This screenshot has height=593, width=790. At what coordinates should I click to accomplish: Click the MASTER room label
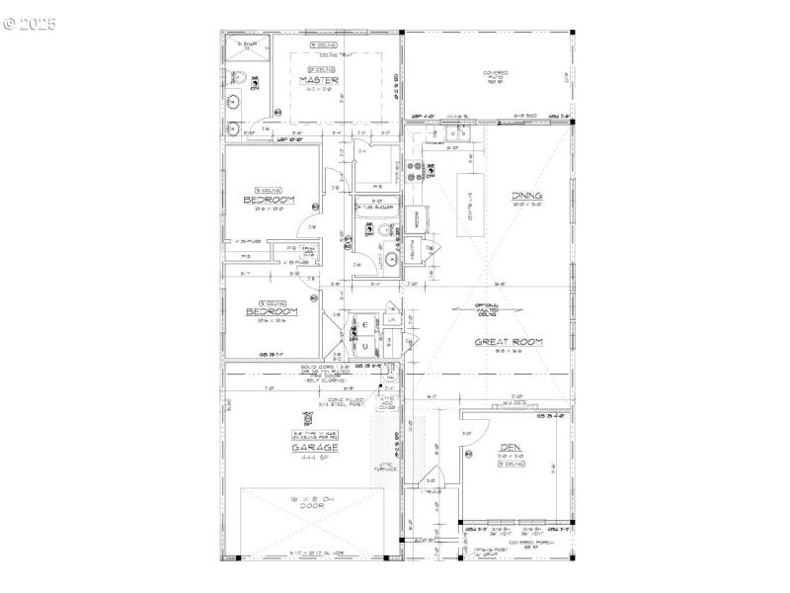point(320,80)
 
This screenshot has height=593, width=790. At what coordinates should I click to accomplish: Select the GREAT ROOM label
point(510,342)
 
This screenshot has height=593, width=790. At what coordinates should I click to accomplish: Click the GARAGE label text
point(315,448)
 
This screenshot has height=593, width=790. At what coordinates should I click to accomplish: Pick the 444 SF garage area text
point(315,459)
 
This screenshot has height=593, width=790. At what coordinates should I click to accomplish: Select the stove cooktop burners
point(431,170)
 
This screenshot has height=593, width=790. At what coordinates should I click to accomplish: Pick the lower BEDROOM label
point(271,311)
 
